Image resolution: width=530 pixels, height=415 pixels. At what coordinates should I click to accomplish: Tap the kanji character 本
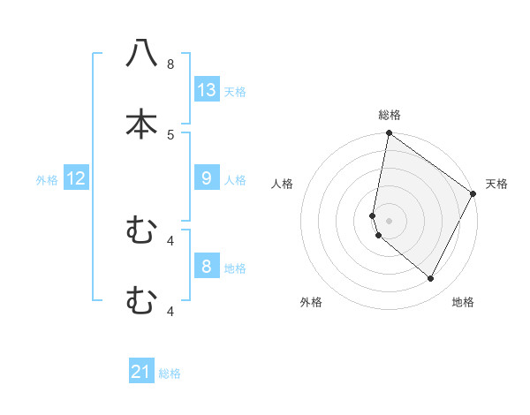pyautogui.click(x=141, y=123)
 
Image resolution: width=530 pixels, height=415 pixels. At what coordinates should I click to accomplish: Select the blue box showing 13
pyautogui.click(x=207, y=89)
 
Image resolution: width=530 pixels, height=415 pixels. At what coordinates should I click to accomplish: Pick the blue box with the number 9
pyautogui.click(x=207, y=178)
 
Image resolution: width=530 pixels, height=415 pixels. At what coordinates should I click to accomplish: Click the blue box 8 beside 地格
pyautogui.click(x=207, y=267)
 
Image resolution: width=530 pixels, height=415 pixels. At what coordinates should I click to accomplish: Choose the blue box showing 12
pyautogui.click(x=76, y=178)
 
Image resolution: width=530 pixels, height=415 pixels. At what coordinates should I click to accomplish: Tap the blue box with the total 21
pyautogui.click(x=141, y=372)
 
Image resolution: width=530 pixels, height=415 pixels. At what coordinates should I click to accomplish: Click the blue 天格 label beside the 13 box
pyautogui.click(x=235, y=91)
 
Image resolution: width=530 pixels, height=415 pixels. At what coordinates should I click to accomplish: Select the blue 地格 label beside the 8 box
pyautogui.click(x=235, y=268)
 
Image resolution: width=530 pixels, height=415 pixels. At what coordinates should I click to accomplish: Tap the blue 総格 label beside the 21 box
pyautogui.click(x=170, y=373)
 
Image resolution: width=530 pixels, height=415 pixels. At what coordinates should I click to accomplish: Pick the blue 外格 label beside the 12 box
pyautogui.click(x=47, y=180)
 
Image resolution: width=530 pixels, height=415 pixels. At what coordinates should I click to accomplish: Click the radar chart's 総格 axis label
pyautogui.click(x=390, y=115)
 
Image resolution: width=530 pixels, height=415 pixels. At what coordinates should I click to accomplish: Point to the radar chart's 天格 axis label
pyautogui.click(x=496, y=184)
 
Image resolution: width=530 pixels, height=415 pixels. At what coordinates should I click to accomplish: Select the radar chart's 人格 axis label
pyautogui.click(x=283, y=184)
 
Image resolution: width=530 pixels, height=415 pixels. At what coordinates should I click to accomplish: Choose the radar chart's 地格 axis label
pyautogui.click(x=463, y=302)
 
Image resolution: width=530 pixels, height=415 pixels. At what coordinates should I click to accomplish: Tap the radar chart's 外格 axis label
pyautogui.click(x=311, y=302)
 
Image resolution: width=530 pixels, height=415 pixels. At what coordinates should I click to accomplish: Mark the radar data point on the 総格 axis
pyautogui.click(x=389, y=134)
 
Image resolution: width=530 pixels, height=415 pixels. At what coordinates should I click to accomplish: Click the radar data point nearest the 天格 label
pyautogui.click(x=473, y=194)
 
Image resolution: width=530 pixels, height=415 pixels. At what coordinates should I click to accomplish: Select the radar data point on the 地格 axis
pyautogui.click(x=431, y=279)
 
